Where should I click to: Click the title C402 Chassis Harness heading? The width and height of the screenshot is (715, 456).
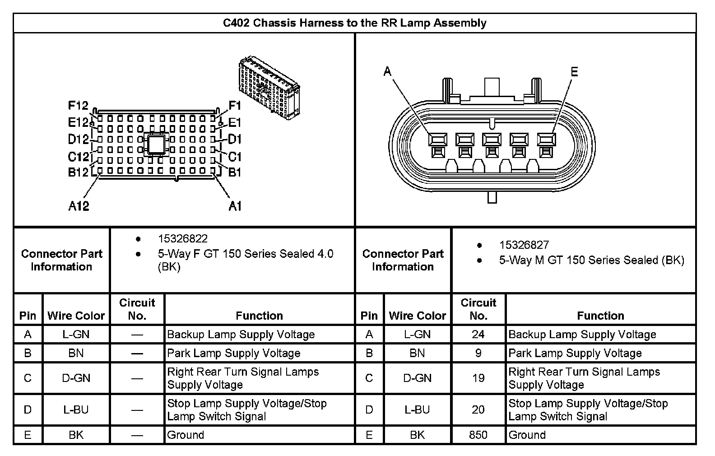pos(355,23)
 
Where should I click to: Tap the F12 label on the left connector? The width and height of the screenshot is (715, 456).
pos(78,106)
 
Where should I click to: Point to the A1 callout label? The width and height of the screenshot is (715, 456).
pos(235,206)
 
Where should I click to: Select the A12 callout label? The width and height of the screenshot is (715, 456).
pos(79,206)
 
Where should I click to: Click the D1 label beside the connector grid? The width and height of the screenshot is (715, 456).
pos(235,140)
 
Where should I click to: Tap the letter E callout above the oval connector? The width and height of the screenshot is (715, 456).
pos(574,72)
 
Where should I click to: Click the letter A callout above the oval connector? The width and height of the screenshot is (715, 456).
pos(387,71)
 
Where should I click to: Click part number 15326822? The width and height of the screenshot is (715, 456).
pos(183,238)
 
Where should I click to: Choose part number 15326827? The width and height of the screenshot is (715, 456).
pos(524,245)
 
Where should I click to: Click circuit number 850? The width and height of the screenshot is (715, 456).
pos(478,435)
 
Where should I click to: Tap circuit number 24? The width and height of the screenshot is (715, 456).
pos(478,335)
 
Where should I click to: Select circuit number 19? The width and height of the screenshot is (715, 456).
pos(478,378)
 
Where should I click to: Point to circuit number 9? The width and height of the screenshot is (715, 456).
pos(478,353)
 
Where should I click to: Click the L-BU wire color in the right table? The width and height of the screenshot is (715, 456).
pos(417,409)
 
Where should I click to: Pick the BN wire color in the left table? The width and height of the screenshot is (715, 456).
pos(76,353)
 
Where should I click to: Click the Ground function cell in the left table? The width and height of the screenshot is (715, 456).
pos(186,435)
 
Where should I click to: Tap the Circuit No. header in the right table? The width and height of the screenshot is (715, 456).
pos(478,309)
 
